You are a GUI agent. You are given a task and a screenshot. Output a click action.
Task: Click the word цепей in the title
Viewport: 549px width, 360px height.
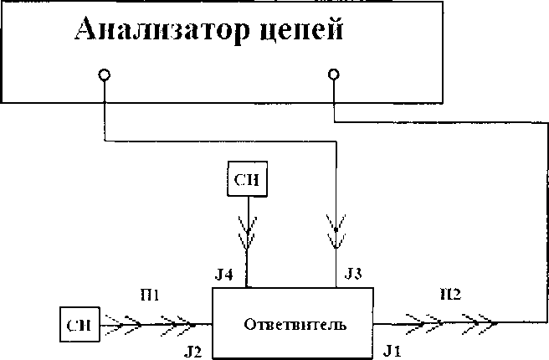(x=298, y=31)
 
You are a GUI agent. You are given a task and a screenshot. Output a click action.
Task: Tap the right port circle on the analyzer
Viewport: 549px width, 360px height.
(x=334, y=75)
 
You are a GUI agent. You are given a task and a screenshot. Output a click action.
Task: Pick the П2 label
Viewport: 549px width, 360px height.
(x=449, y=295)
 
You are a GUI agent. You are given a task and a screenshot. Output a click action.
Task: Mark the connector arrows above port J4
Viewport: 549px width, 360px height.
(x=248, y=233)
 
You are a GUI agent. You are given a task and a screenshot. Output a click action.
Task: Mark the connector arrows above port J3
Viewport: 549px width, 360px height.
(x=336, y=233)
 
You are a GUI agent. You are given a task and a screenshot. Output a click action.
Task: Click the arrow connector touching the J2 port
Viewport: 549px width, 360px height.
(x=176, y=322)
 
